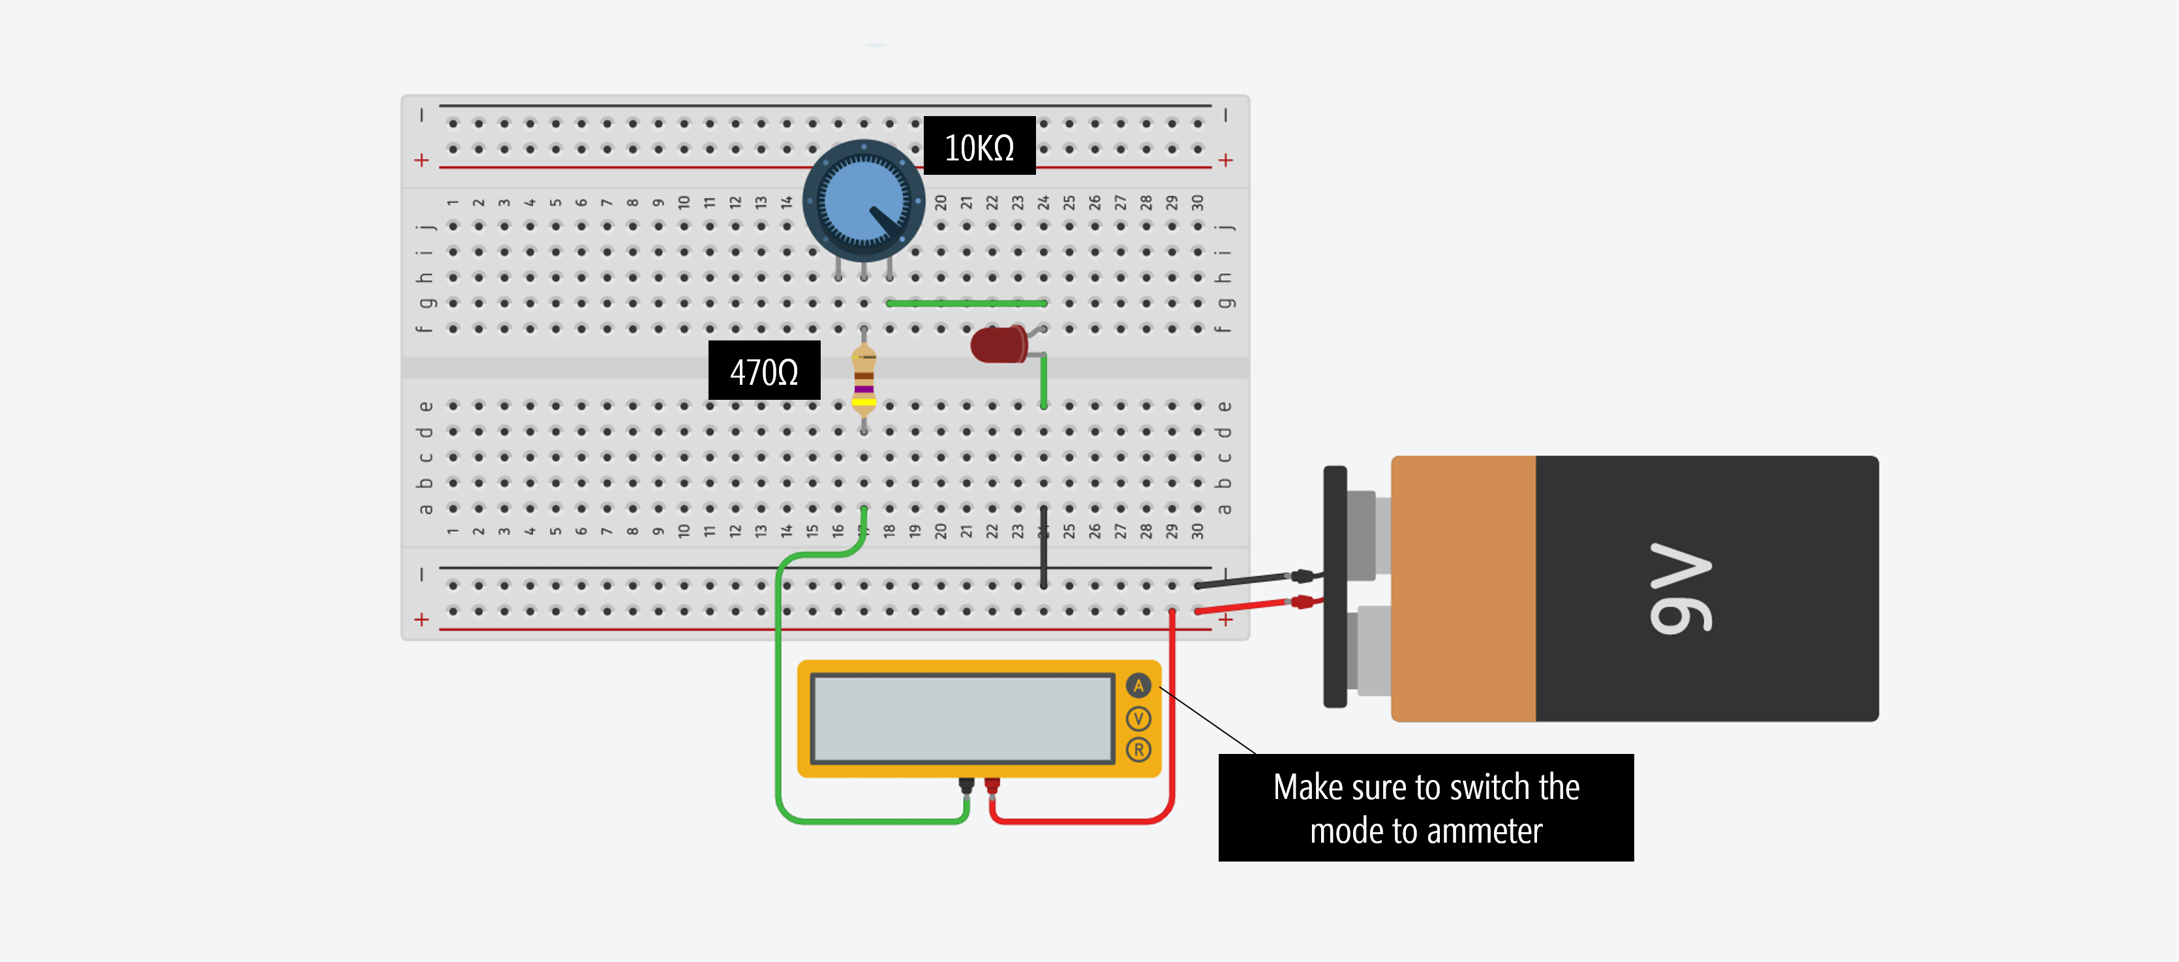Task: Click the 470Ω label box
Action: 763,371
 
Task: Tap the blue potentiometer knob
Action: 863,200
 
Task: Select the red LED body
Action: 996,345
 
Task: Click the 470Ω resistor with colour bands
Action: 863,380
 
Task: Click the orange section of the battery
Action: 1463,588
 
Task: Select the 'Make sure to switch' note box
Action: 1425,807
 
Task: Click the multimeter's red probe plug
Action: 992,786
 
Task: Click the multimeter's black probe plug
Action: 966,786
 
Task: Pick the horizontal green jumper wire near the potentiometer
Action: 966,303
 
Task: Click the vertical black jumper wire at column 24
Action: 1043,548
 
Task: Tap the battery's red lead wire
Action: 1243,605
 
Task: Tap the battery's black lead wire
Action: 1243,580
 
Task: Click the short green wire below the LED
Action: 1043,382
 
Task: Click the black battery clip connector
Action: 1335,587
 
